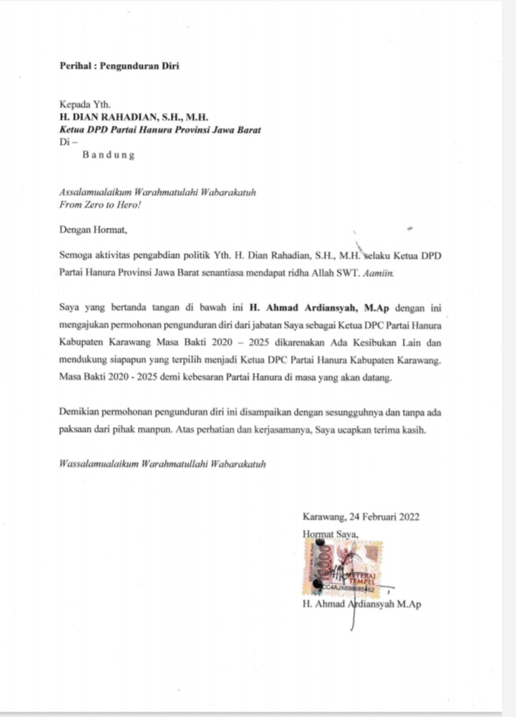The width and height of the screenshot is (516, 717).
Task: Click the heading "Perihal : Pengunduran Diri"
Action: [x=118, y=66]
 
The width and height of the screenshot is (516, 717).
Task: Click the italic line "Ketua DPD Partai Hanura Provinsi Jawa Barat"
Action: [x=160, y=130]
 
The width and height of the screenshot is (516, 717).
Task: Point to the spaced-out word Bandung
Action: [x=108, y=155]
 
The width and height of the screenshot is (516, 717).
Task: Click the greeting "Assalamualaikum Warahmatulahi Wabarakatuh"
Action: [x=156, y=191]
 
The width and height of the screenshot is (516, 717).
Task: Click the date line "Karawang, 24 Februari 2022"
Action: [x=360, y=516]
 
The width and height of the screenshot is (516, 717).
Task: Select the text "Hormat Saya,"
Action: [x=330, y=534]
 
